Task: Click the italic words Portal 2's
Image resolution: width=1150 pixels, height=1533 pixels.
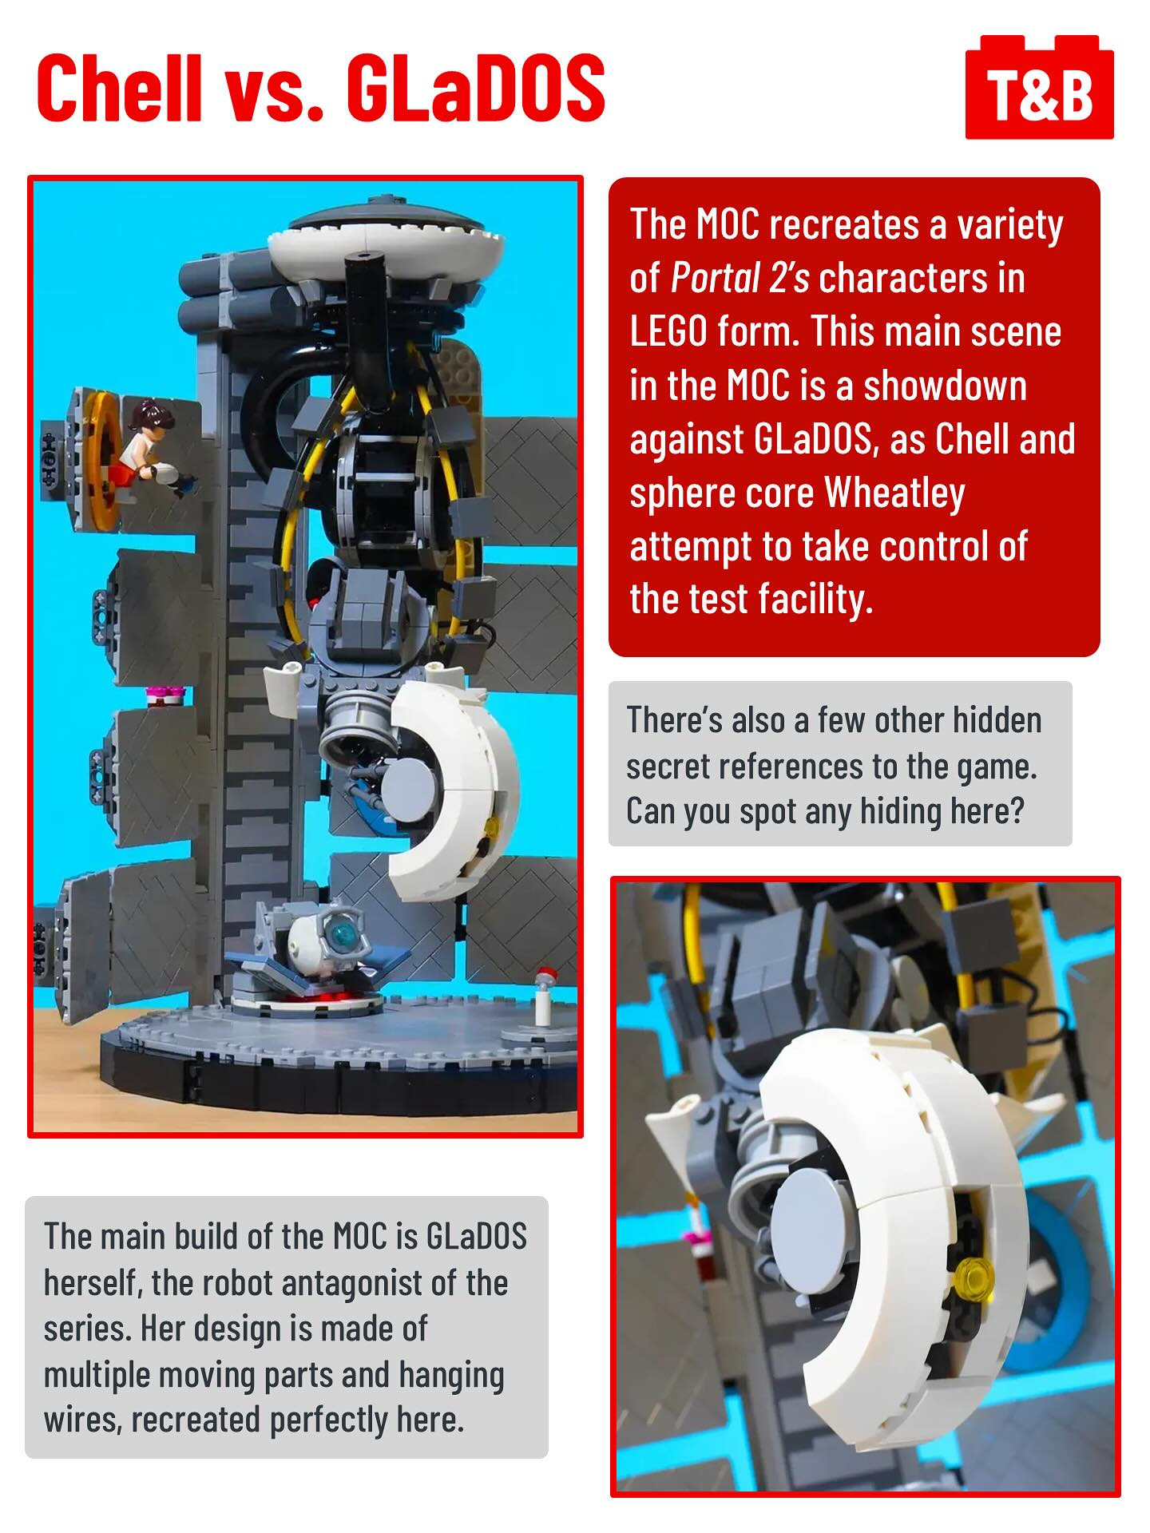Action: [x=740, y=279]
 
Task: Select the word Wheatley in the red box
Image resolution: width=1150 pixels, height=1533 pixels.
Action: [x=894, y=493]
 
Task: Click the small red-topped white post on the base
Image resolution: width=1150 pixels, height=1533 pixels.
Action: [x=544, y=996]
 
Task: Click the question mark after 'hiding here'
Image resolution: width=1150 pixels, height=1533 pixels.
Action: [x=1016, y=811]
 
